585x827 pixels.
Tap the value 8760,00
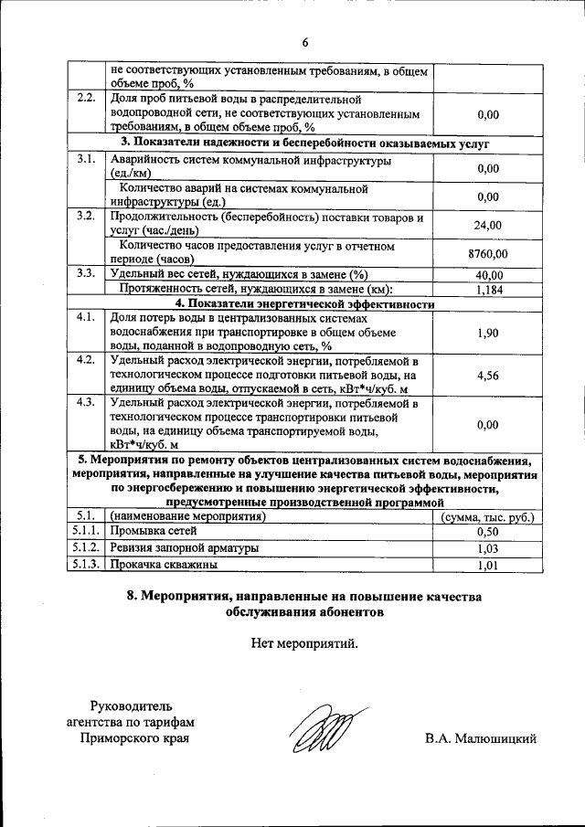tap(488, 253)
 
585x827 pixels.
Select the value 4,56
tap(488, 375)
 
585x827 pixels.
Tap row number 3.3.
tap(87, 274)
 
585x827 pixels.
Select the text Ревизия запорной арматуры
tap(184, 548)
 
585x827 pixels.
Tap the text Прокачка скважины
tap(164, 566)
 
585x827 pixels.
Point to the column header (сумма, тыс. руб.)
tap(488, 516)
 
